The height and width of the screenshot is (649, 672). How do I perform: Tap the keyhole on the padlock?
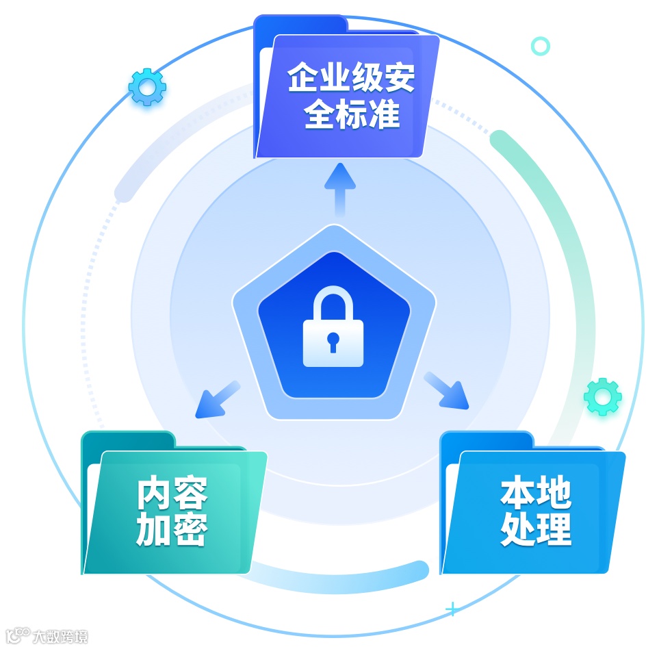pos(333,340)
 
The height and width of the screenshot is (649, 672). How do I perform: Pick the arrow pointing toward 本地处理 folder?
pos(448,391)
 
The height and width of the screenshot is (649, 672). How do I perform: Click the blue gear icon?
pos(147,86)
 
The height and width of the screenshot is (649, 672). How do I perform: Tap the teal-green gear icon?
pos(603,396)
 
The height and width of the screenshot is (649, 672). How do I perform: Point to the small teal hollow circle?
pos(541,46)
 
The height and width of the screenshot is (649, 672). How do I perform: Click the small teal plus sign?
pos(452,608)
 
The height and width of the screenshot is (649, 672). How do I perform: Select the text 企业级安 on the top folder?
pos(351,78)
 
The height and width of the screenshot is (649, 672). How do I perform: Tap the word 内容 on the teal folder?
pos(172,493)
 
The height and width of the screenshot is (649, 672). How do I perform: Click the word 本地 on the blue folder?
pos(535,493)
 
